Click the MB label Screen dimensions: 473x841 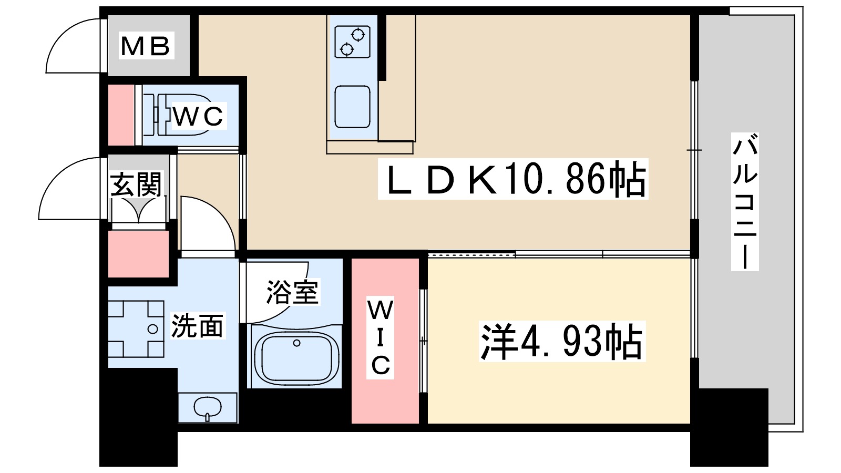pyautogui.click(x=146, y=46)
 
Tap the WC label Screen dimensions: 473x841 pyautogui.click(x=198, y=116)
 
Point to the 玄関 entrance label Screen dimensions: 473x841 pyautogui.click(x=136, y=184)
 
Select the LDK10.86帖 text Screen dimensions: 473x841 pyautogui.click(x=513, y=180)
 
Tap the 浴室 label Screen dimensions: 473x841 pyautogui.click(x=292, y=292)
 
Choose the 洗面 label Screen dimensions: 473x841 pyautogui.click(x=197, y=326)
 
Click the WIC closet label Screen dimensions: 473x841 pyautogui.click(x=380, y=338)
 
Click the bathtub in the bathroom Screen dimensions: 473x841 pyautogui.click(x=296, y=356)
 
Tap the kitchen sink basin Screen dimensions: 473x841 pyautogui.click(x=352, y=107)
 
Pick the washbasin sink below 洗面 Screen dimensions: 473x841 pyautogui.click(x=208, y=407)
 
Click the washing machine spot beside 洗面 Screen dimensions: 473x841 pyautogui.click(x=136, y=330)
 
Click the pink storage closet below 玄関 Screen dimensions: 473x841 pyautogui.click(x=138, y=254)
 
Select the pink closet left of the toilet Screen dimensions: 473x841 pyautogui.click(x=121, y=115)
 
